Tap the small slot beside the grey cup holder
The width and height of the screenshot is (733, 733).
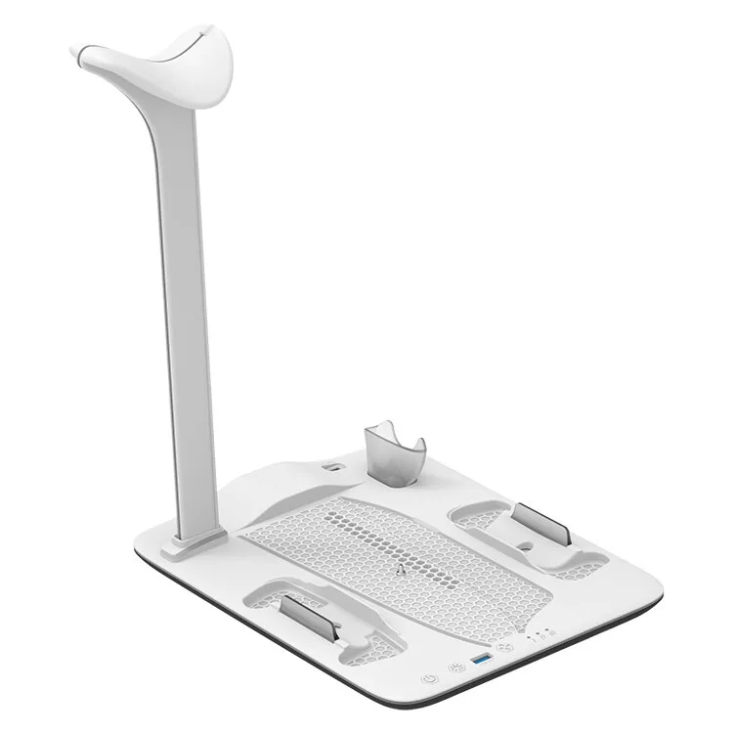[336, 469]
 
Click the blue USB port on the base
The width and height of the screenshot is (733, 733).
[480, 662]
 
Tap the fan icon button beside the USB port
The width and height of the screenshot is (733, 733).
[505, 647]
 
